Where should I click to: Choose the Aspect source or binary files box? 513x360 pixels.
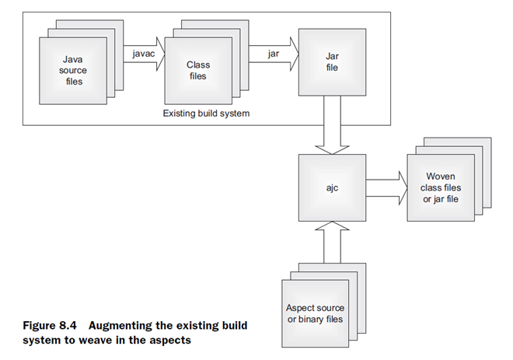(314, 313)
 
